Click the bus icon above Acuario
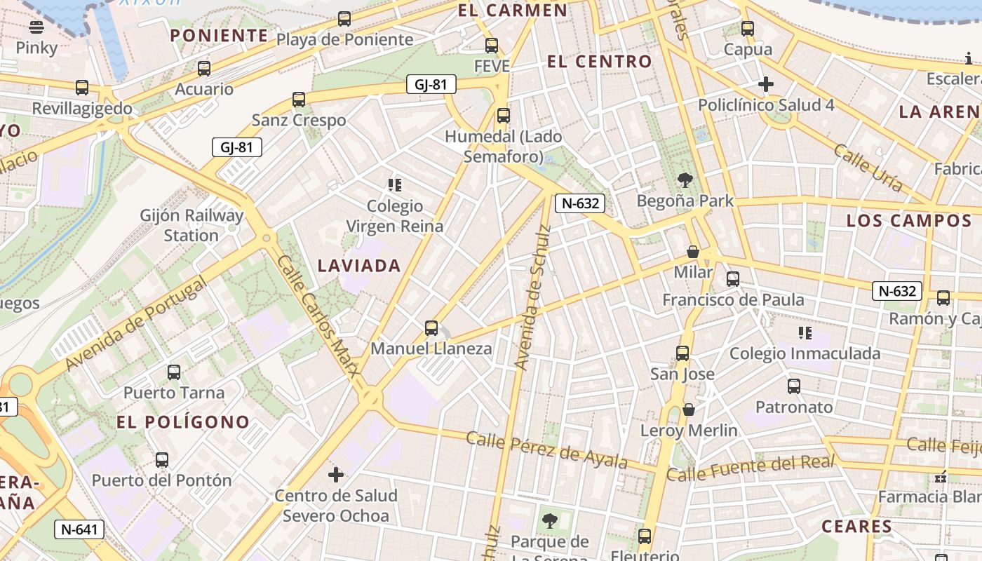[x=204, y=69]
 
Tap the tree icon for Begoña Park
[x=685, y=180]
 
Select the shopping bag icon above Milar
[x=693, y=252]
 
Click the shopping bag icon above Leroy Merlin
[x=689, y=410]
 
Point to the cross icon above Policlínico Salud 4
[x=766, y=85]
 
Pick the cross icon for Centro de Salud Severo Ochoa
[x=336, y=475]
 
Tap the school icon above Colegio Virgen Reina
[x=395, y=185]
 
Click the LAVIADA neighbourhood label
[x=359, y=266]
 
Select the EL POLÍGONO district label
[x=183, y=422]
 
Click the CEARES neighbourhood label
[x=856, y=527]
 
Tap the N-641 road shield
[x=79, y=529]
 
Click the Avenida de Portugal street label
[x=136, y=323]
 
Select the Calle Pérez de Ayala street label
[x=546, y=450]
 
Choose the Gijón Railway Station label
[x=191, y=225]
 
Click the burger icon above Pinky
[x=36, y=27]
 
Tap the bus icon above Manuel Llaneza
[x=431, y=328]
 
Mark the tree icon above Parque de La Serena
[x=550, y=521]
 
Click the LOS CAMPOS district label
[x=909, y=221]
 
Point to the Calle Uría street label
[x=868, y=168]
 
